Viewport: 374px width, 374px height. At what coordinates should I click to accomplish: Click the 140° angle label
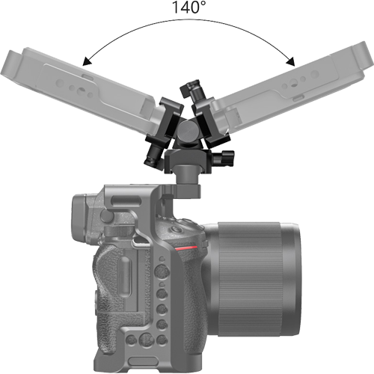pos(189,7)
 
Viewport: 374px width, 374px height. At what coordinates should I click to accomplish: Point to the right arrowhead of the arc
pos(291,62)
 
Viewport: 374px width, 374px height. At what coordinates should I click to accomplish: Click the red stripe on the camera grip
pos(186,248)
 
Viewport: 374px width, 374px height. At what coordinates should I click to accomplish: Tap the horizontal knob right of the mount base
pos(224,159)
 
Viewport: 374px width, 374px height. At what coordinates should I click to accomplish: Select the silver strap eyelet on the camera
pos(141,242)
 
